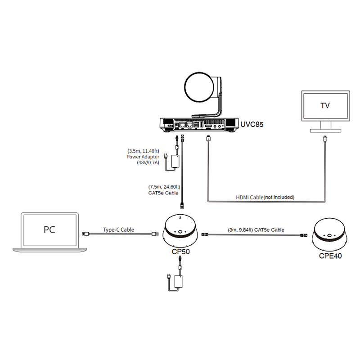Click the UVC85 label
tap(252, 125)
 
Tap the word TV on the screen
tap(325, 106)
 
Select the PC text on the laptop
tap(49, 229)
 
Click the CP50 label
tap(181, 252)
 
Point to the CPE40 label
tap(330, 256)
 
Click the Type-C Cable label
tap(118, 229)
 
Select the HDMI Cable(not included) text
tap(265, 197)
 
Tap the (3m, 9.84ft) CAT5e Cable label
tap(256, 230)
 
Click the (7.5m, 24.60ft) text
tap(164, 187)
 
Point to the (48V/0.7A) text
tap(148, 163)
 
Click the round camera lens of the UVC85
tap(199, 87)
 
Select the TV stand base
tap(325, 130)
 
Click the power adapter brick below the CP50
tap(179, 281)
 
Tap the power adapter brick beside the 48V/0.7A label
tap(175, 161)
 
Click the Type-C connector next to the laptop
tap(86, 234)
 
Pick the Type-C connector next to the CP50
tap(154, 234)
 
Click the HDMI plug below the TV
tap(325, 139)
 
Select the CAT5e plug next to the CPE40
tap(303, 235)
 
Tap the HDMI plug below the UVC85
tap(208, 139)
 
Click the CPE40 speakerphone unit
tap(329, 234)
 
